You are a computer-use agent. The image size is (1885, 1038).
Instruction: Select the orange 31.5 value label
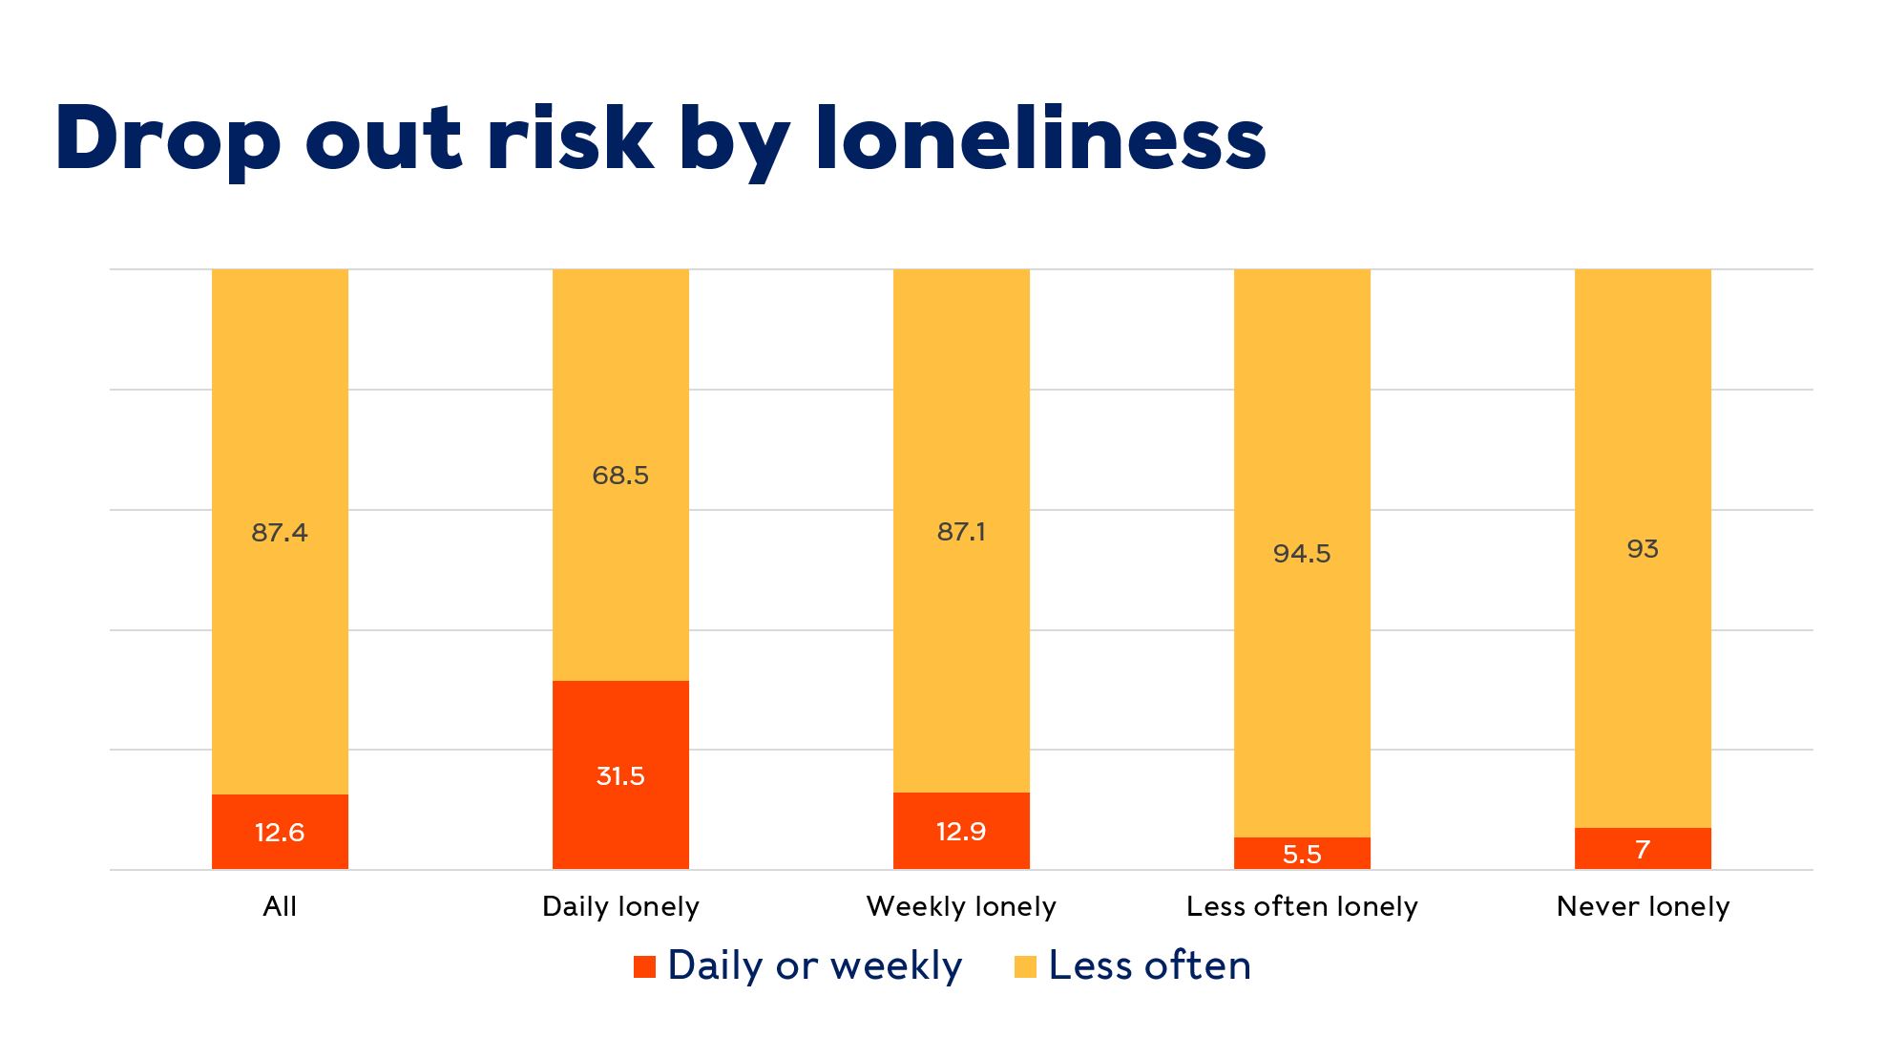[x=620, y=776]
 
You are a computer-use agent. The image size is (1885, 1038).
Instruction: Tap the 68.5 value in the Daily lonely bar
[x=620, y=476]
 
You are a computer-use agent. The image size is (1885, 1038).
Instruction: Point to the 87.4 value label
[x=280, y=533]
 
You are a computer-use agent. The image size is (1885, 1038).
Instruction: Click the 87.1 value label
[x=961, y=532]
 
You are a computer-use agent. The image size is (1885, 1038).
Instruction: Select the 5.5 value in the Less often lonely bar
[x=1302, y=854]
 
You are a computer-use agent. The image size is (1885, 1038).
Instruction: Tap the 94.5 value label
[x=1302, y=554]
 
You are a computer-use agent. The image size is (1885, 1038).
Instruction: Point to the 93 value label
[x=1643, y=549]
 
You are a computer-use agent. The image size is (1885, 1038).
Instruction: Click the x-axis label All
[x=280, y=906]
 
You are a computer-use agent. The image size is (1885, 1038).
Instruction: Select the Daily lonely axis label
[x=620, y=906]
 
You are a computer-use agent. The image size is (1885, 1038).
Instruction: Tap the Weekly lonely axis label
[x=961, y=906]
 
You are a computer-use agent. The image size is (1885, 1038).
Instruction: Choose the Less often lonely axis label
[x=1302, y=906]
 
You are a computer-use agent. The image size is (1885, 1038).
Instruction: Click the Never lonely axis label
[x=1643, y=906]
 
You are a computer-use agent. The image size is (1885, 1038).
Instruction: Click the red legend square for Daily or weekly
[x=645, y=966]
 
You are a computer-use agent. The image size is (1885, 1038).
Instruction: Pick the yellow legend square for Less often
[x=1025, y=966]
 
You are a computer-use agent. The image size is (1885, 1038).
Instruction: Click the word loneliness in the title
[x=1040, y=138]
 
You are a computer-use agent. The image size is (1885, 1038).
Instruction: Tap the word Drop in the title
[x=168, y=138]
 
